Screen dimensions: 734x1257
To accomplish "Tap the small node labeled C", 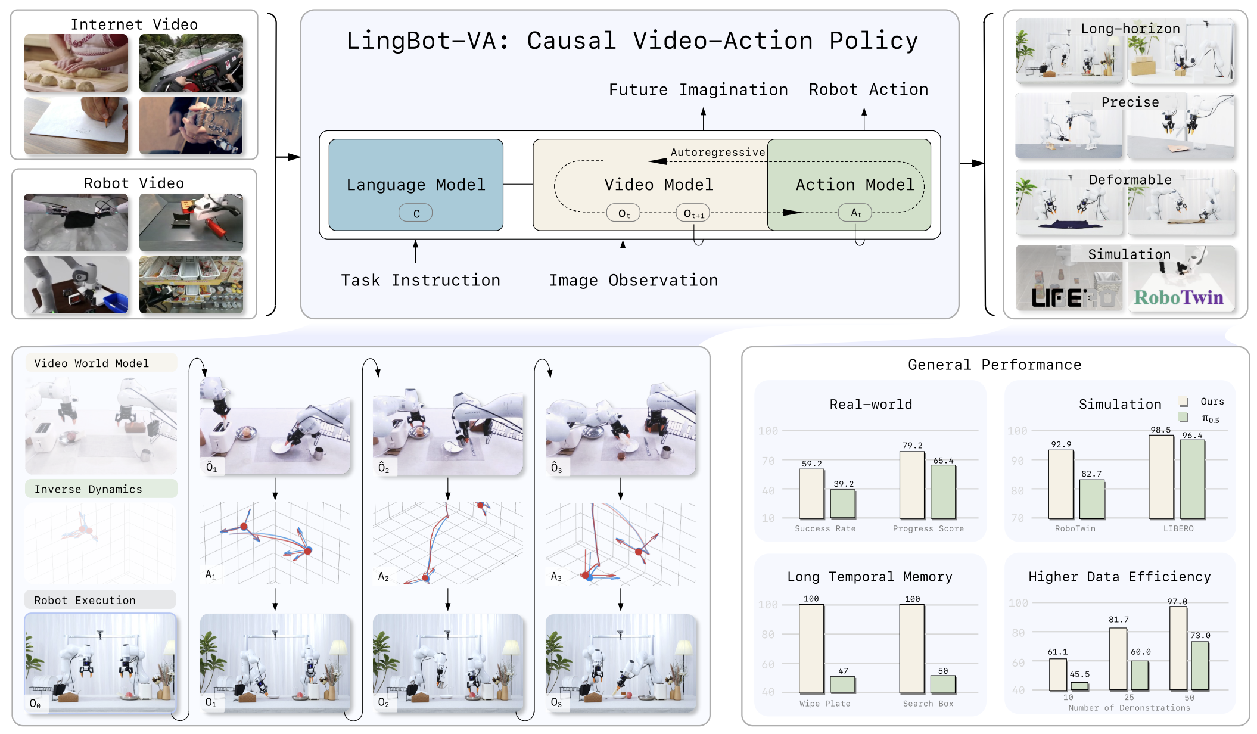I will click(416, 213).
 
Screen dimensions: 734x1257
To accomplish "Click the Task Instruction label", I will click(421, 280).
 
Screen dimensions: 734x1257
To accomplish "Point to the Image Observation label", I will click(633, 280).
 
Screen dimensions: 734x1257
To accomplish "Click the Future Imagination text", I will click(698, 89).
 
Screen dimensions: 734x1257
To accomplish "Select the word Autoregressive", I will click(717, 153).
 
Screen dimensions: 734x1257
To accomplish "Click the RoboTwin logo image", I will click(1178, 297).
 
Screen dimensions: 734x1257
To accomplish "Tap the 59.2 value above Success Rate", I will click(811, 464).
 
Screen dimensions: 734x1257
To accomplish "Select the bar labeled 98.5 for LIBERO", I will click(1160, 477).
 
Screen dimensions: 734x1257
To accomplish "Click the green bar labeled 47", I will click(842, 685).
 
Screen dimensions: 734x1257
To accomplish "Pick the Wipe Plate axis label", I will click(824, 704).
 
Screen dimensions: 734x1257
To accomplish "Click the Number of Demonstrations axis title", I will click(1129, 708).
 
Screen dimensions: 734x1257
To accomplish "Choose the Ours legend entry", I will click(1211, 402).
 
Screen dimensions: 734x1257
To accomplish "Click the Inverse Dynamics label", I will click(88, 489).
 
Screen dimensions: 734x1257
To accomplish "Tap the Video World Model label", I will click(91, 363).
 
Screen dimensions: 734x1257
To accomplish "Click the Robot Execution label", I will click(85, 601).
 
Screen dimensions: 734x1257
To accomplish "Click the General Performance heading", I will click(994, 365).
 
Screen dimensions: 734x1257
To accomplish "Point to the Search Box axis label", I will click(928, 704).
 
